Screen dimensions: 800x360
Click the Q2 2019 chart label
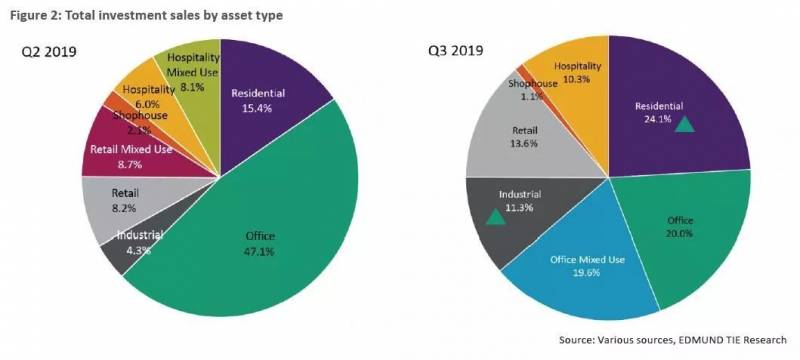tap(49, 52)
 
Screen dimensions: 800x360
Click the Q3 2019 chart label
tap(456, 51)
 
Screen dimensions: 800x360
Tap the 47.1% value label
tap(260, 251)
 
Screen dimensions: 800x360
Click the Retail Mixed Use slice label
tap(131, 150)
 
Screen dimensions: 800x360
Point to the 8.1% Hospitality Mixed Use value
tap(192, 87)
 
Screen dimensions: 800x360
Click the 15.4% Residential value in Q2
tap(258, 108)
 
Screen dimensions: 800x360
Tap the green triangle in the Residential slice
tap(684, 124)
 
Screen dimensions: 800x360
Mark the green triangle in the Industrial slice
tap(495, 217)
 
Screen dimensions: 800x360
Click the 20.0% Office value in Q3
tap(680, 234)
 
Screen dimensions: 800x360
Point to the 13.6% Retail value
tap(525, 143)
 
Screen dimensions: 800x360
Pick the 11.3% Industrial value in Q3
tap(520, 208)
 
